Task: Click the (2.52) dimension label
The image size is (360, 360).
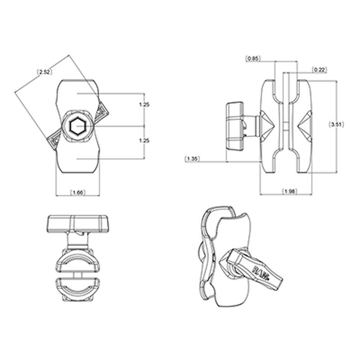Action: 44,72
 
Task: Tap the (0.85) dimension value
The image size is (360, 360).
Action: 252,58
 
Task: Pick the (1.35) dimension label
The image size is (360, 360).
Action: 193,158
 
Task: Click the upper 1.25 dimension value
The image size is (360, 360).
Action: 144,104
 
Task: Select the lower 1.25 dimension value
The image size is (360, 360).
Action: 144,141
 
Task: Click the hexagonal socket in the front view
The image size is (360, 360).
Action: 78,126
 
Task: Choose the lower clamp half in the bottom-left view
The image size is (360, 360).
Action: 78,288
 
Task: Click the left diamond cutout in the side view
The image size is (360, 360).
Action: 268,126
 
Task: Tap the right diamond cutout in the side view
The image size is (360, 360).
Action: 304,126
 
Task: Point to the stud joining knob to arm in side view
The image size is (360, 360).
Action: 253,126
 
